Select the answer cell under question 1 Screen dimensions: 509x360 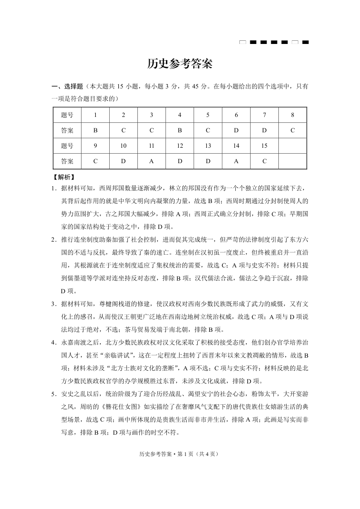(x=95, y=131)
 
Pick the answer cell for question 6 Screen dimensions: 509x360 (x=236, y=131)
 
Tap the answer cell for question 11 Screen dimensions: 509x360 (x=151, y=161)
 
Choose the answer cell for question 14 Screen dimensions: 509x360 (x=236, y=161)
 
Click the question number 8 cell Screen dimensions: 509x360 (x=292, y=115)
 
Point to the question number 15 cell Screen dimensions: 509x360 (x=264, y=146)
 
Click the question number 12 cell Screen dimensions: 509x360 (x=180, y=146)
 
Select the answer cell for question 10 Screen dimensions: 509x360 (x=123, y=161)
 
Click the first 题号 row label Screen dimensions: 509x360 (x=67, y=115)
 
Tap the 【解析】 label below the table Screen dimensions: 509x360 (x=63, y=177)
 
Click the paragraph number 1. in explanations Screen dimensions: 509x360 (x=54, y=188)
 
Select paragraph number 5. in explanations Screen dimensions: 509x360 (x=54, y=394)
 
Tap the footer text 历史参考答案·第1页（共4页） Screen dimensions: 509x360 (x=180, y=454)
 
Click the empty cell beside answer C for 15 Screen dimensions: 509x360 (x=292, y=161)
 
